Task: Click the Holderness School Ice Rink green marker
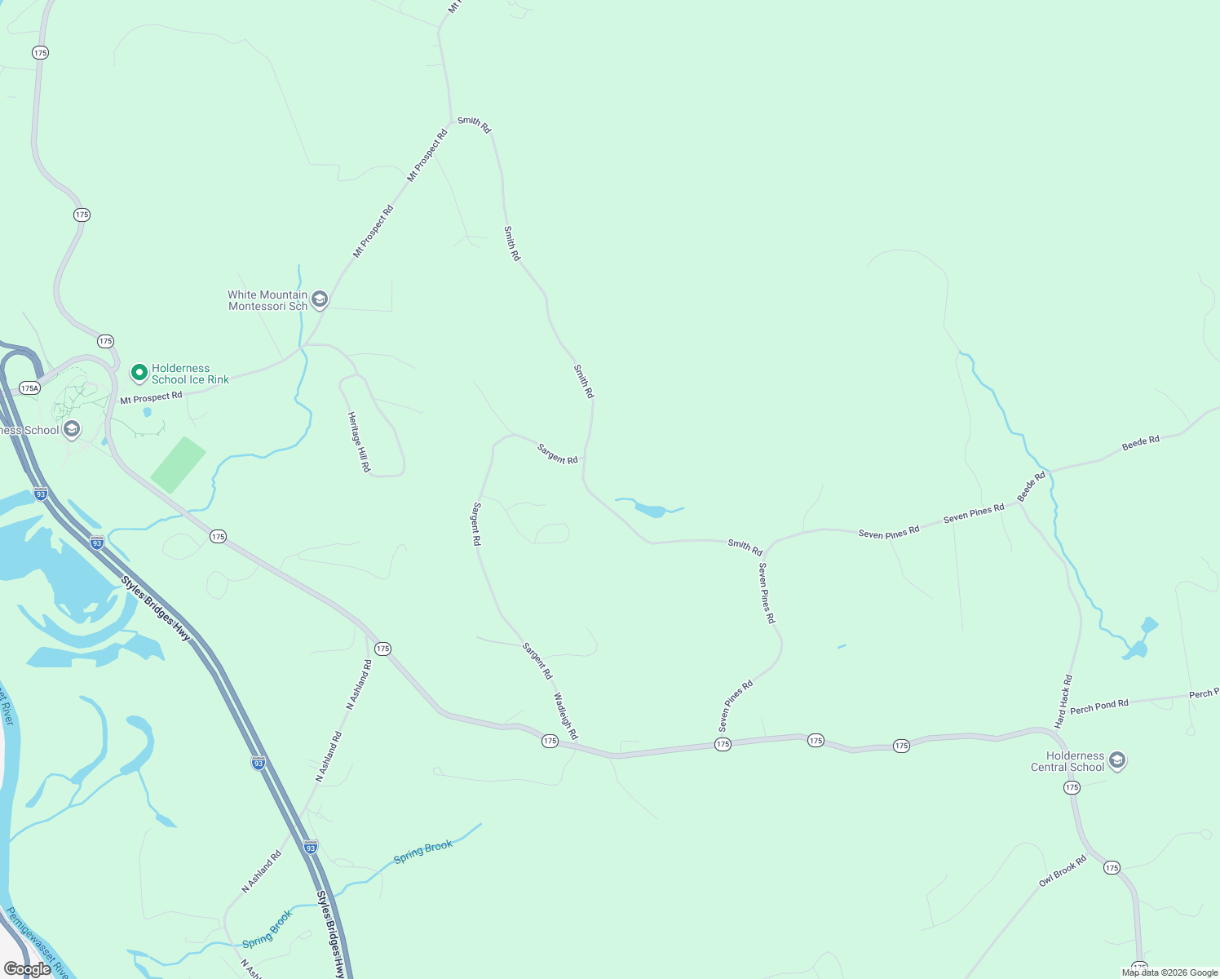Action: pyautogui.click(x=139, y=374)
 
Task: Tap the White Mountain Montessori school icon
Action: pyautogui.click(x=320, y=300)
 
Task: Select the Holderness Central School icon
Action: pyautogui.click(x=1117, y=761)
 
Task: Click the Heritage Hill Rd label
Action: pyautogui.click(x=359, y=442)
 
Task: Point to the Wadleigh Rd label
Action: pyautogui.click(x=565, y=716)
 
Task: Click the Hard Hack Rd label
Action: pyautogui.click(x=1063, y=702)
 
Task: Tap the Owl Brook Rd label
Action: pyautogui.click(x=1063, y=871)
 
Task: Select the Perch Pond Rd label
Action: pyautogui.click(x=1099, y=707)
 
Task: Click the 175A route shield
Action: pyautogui.click(x=29, y=388)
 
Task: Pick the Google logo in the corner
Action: pyautogui.click(x=27, y=969)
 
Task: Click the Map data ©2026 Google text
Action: pyautogui.click(x=1169, y=972)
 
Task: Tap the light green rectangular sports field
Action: pyautogui.click(x=178, y=464)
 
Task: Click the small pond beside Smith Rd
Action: pyautogui.click(x=650, y=511)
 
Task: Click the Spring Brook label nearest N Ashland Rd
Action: pyautogui.click(x=267, y=930)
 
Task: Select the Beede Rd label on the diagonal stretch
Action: pyautogui.click(x=1031, y=487)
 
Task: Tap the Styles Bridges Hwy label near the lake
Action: pyautogui.click(x=156, y=610)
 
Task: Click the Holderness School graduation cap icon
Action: pyautogui.click(x=72, y=429)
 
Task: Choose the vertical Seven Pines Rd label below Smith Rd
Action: pyautogui.click(x=767, y=593)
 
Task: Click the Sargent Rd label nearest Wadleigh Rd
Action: pyautogui.click(x=537, y=661)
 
